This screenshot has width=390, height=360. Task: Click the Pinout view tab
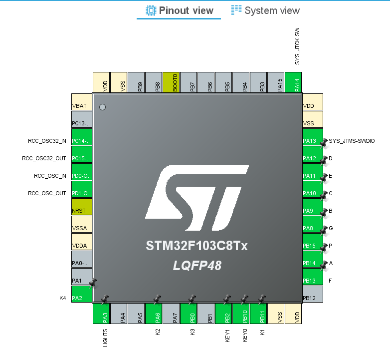[179, 10]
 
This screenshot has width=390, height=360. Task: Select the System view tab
[265, 10]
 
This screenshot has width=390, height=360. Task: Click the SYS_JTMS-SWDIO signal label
[352, 141]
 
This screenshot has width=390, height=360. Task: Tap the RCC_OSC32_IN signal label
[47, 141]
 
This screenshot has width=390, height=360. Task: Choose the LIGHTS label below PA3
[105, 338]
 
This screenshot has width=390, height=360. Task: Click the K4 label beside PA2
[63, 299]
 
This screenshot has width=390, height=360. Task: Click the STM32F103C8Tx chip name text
[196, 247]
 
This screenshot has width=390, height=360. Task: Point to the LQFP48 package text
[196, 266]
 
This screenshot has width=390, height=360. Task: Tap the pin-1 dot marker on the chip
[103, 107]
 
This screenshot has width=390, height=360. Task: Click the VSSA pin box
[82, 228]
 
